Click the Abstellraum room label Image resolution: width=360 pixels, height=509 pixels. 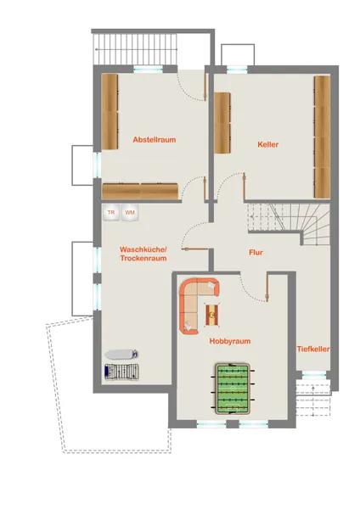tap(155, 140)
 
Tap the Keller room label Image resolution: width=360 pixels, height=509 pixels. tap(268, 145)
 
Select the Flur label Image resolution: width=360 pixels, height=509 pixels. tap(256, 253)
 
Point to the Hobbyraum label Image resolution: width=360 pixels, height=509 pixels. tap(230, 341)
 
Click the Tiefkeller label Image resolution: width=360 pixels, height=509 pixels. tap(313, 350)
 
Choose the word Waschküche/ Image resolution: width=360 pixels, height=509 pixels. tap(143, 249)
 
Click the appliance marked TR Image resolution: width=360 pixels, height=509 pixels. tap(111, 213)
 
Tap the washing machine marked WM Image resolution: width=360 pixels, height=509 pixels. tap(130, 213)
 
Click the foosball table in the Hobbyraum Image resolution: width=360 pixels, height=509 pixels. tap(233, 389)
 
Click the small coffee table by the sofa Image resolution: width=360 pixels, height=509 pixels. tap(212, 315)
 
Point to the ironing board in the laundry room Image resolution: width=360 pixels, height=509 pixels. tap(121, 354)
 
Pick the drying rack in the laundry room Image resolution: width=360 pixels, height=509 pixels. tap(121, 372)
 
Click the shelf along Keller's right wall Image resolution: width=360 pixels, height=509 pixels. tap(322, 137)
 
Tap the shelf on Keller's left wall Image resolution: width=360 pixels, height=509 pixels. tap(222, 123)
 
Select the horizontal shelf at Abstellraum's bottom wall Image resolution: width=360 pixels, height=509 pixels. tap(140, 192)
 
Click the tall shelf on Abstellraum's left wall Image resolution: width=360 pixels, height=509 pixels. tap(110, 112)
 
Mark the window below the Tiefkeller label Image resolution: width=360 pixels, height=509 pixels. tap(314, 375)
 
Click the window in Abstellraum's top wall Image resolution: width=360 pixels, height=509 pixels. tap(148, 69)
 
